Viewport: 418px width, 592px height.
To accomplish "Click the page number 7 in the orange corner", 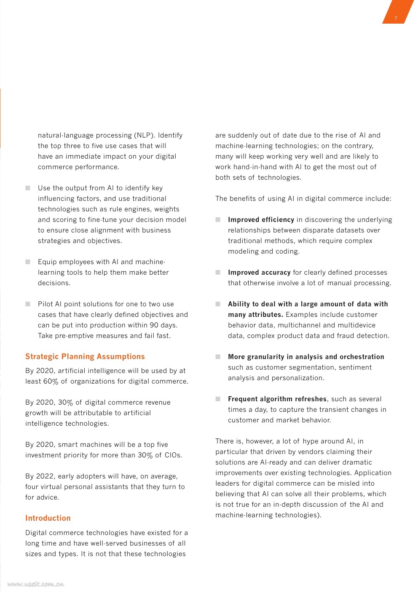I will pos(396,18).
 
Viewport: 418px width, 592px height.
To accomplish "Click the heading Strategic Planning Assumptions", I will pos(85,357).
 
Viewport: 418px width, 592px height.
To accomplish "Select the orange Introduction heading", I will pos(48,518).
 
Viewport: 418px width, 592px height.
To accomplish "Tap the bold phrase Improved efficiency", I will pos(261,220).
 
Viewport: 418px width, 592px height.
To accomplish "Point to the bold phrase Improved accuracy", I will pos(259,273).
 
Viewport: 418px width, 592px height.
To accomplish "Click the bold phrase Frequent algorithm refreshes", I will pos(277,399).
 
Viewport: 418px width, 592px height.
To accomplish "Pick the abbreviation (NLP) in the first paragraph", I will pos(145,135).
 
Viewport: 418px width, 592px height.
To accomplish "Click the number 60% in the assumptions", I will pos(51,381).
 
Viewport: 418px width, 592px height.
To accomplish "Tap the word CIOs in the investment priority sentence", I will pos(173,455).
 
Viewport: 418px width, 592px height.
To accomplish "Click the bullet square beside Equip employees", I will pos(28,262).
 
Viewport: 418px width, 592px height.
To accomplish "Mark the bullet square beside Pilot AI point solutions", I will pos(28,304).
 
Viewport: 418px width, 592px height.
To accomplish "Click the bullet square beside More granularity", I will pos(218,357).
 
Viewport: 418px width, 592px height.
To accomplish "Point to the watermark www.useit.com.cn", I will pos(35,584).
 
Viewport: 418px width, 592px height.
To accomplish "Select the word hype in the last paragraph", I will pos(310,441).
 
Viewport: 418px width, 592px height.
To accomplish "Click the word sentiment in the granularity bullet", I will pos(355,368).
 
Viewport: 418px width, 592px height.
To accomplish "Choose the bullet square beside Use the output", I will pos(28,188).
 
